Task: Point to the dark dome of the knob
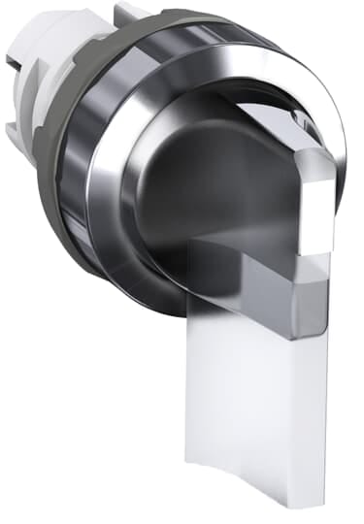click(194, 184)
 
